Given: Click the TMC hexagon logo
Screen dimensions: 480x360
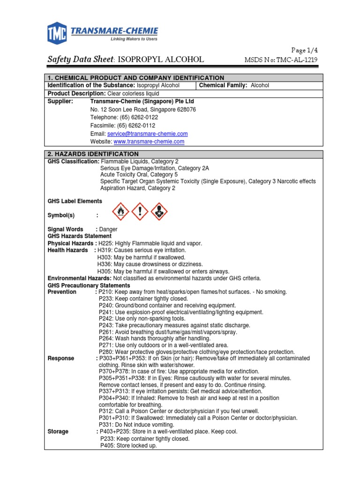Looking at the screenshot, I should coord(58,33).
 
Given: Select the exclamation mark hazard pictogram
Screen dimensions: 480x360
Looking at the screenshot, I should coord(140,212).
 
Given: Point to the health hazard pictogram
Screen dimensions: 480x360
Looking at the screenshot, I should coord(159,212).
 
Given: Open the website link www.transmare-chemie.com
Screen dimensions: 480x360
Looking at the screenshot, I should coord(149,142).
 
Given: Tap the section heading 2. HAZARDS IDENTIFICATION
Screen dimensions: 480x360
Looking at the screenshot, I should coord(93,154).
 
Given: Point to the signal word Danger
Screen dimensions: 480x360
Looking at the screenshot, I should coord(108,229).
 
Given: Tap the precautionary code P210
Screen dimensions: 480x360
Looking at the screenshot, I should coord(105,292).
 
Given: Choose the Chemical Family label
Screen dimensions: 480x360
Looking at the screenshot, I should coord(223,85).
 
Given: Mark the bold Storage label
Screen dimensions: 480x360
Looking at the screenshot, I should coord(58,431).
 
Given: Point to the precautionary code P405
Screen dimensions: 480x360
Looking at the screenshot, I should coord(107,446).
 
